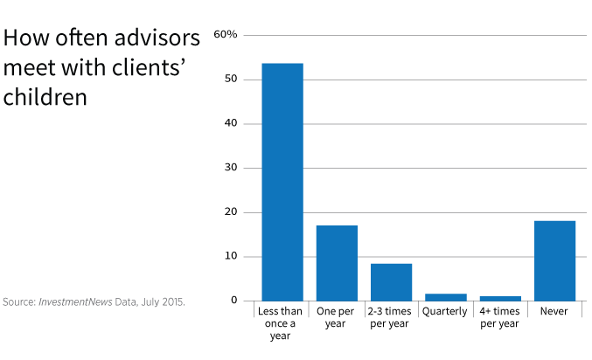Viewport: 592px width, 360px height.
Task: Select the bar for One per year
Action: point(337,263)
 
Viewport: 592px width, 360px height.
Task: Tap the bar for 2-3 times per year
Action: point(391,282)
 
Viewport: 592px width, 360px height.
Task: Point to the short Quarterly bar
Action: point(445,297)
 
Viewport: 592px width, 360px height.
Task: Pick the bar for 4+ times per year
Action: point(499,298)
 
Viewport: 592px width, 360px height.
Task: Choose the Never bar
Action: point(554,260)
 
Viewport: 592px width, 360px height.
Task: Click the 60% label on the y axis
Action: point(226,34)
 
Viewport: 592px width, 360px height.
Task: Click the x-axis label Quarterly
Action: point(445,312)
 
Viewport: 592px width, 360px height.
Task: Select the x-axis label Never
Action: point(554,312)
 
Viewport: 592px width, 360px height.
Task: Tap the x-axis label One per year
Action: point(337,318)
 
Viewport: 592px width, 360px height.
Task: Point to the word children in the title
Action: point(45,97)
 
